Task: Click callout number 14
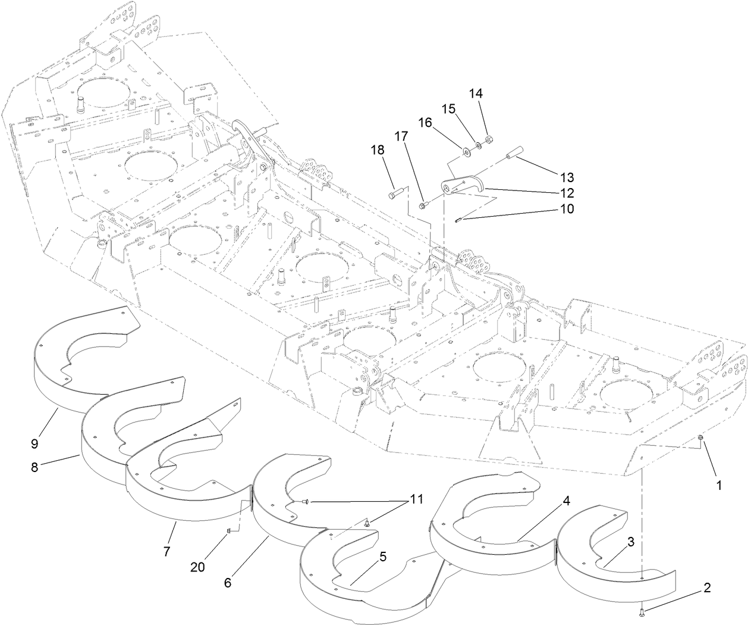tap(476, 94)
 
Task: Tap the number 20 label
tap(197, 567)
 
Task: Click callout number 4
tap(567, 501)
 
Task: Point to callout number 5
tap(383, 557)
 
